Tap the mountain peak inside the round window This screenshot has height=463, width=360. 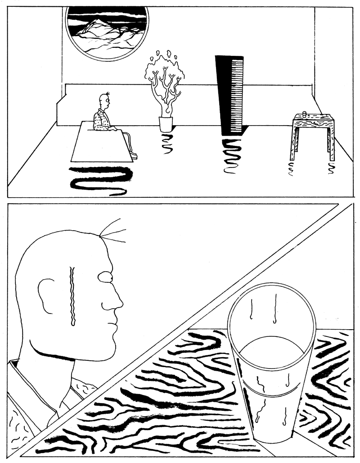tap(98, 23)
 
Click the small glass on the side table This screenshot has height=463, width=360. tap(305, 113)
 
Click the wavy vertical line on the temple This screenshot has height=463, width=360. tap(72, 295)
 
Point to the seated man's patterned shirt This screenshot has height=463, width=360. tap(101, 121)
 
